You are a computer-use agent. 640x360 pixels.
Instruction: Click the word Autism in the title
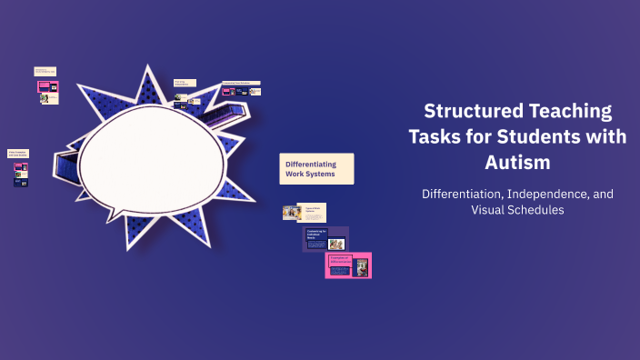pyautogui.click(x=517, y=164)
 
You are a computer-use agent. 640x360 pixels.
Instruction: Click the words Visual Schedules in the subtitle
pyautogui.click(x=517, y=210)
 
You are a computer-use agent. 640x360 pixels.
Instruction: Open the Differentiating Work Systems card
pyautogui.click(x=315, y=169)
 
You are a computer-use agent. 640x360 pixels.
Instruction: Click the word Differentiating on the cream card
pyautogui.click(x=312, y=164)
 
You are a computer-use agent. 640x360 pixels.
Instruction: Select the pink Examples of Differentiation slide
pyautogui.click(x=348, y=265)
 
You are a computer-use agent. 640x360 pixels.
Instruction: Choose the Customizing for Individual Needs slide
pyautogui.click(x=325, y=239)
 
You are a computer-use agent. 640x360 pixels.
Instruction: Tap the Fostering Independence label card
pyautogui.click(x=185, y=84)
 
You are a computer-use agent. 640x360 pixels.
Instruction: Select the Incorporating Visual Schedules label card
pyautogui.click(x=241, y=83)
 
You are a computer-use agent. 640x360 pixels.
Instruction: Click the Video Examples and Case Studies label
pyautogui.click(x=18, y=154)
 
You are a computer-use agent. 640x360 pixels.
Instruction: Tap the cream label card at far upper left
pyautogui.click(x=45, y=70)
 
